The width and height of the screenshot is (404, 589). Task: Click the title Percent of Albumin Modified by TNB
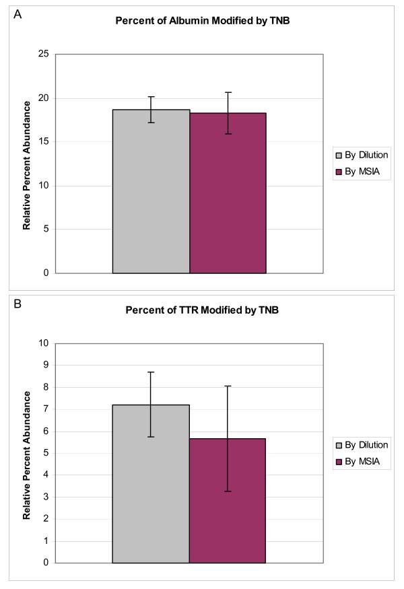tap(200, 20)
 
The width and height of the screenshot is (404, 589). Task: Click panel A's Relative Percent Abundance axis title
tap(27, 165)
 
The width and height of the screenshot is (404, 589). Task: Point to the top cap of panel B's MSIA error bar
tap(228, 386)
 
